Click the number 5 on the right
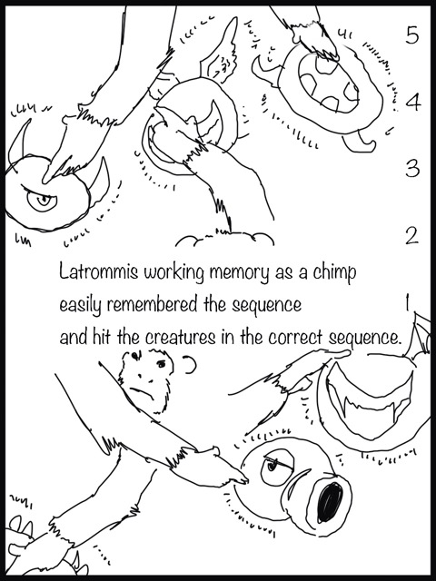coord(411,35)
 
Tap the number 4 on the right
coord(412,102)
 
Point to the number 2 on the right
coord(411,235)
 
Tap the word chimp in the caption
coord(334,273)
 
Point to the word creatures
coord(175,338)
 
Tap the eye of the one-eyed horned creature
coord(43,201)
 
